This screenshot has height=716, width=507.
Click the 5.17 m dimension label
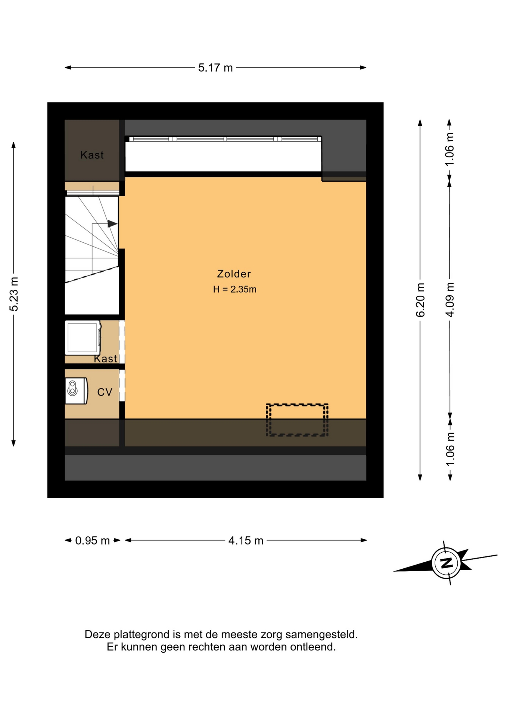pos(215,67)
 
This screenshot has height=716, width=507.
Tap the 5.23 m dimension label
pos(14,294)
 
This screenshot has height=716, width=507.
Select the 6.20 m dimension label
pos(420,300)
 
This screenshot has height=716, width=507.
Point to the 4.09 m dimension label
pos(450,300)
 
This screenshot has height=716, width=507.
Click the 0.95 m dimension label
pos(93,540)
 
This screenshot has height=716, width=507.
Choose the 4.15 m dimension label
pos(246,540)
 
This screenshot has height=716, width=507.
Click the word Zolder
pos(234,274)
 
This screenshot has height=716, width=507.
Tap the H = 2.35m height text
pos(235,289)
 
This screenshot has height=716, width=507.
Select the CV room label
pos(105,392)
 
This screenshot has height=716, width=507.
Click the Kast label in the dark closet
pos(92,155)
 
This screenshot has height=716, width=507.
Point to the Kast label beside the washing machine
pos(106,359)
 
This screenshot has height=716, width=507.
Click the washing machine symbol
pos(83,337)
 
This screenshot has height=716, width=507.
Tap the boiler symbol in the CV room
pos(77,391)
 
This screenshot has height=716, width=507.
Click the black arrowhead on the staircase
pos(112,224)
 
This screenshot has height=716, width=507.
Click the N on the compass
pos(447,562)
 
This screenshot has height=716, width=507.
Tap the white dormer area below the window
pos(223,156)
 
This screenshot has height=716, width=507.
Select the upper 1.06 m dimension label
pos(450,149)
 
